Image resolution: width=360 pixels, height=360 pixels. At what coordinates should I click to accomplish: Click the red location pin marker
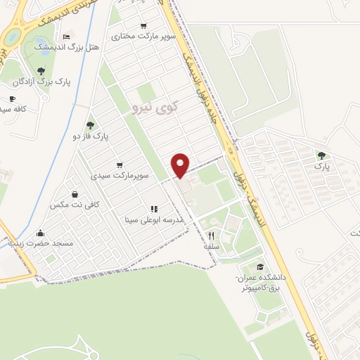(181, 165)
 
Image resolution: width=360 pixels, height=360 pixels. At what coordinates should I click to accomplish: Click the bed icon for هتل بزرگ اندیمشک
(66, 36)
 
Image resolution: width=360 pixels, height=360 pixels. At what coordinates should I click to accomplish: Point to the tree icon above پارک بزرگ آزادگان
(41, 70)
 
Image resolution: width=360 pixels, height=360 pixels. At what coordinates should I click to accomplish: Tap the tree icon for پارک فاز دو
(90, 124)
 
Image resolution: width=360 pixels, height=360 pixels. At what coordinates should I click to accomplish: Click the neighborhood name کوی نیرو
(155, 107)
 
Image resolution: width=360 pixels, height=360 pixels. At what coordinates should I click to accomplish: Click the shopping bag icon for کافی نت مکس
(75, 194)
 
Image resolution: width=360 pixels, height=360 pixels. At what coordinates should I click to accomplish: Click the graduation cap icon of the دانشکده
(262, 266)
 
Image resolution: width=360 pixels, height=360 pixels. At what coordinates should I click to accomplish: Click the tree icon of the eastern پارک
(321, 155)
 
